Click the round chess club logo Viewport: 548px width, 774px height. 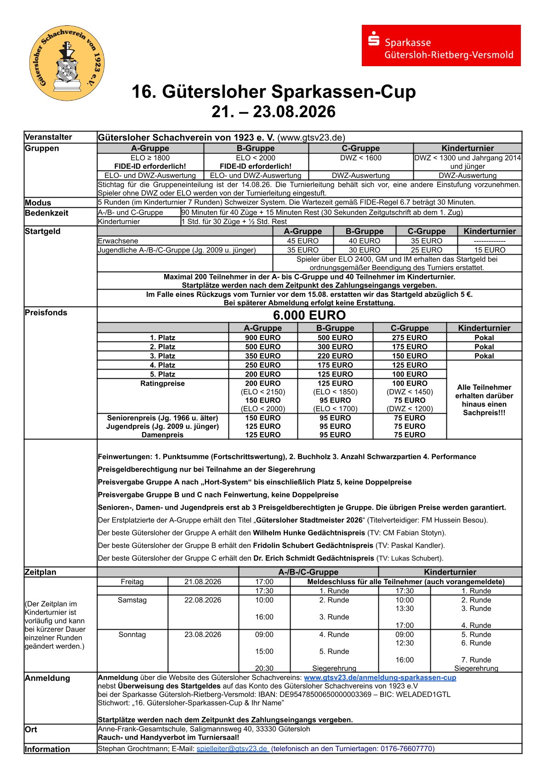coord(67,63)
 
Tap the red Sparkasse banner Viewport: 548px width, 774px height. coord(441,46)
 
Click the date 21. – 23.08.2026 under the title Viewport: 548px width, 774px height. coord(274,112)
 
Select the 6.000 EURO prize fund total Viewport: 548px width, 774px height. coord(309,315)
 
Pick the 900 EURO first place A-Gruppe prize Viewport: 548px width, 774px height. coord(263,337)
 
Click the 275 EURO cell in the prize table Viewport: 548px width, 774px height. coord(409,337)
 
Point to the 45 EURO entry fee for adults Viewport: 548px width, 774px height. coord(303,241)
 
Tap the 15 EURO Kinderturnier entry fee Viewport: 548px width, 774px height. coord(489,250)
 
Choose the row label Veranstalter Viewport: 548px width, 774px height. coord(48,137)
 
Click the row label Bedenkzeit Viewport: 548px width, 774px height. coord(46,213)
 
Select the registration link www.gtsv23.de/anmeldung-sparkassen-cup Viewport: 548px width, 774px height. coord(380,677)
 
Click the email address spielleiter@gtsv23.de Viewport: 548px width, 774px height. coord(233,748)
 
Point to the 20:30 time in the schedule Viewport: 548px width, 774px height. coord(264,668)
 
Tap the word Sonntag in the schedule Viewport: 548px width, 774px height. coord(132,634)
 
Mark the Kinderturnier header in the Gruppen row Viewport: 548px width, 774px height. coord(468,148)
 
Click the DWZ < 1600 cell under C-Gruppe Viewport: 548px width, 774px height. coord(361,158)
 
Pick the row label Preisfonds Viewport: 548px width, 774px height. coord(46,313)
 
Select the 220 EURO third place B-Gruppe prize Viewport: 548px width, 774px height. coord(335,356)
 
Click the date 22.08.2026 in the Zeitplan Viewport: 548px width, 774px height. coord(203,600)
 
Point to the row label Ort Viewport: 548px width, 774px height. coord(31,729)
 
